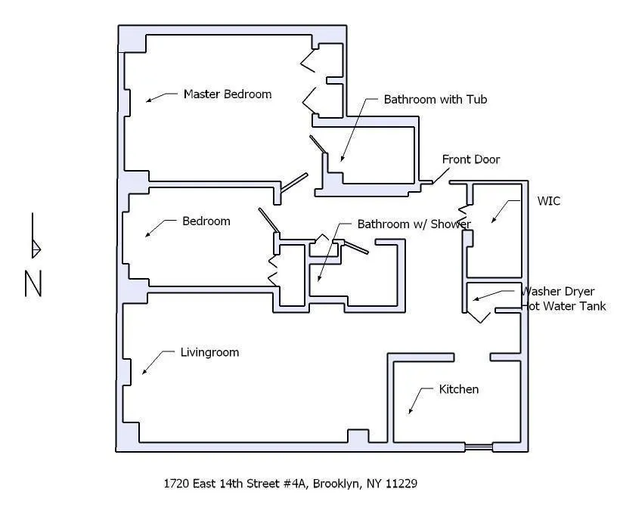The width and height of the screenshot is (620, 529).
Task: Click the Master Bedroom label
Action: click(227, 94)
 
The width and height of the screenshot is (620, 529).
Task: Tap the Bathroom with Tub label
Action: click(436, 100)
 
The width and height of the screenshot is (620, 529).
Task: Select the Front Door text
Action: click(470, 159)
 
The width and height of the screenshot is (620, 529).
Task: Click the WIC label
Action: click(548, 201)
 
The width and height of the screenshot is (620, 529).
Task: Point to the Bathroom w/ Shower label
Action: click(414, 224)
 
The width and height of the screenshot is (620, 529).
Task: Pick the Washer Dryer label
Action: click(559, 292)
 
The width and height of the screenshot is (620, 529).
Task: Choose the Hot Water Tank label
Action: click(563, 307)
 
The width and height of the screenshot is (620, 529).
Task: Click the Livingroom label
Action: click(209, 352)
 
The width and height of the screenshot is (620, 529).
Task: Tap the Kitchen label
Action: click(458, 389)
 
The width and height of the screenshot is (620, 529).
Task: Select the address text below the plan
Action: click(290, 483)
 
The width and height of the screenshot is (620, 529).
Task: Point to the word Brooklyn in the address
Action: click(338, 483)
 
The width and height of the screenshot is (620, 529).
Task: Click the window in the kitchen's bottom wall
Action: click(478, 449)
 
